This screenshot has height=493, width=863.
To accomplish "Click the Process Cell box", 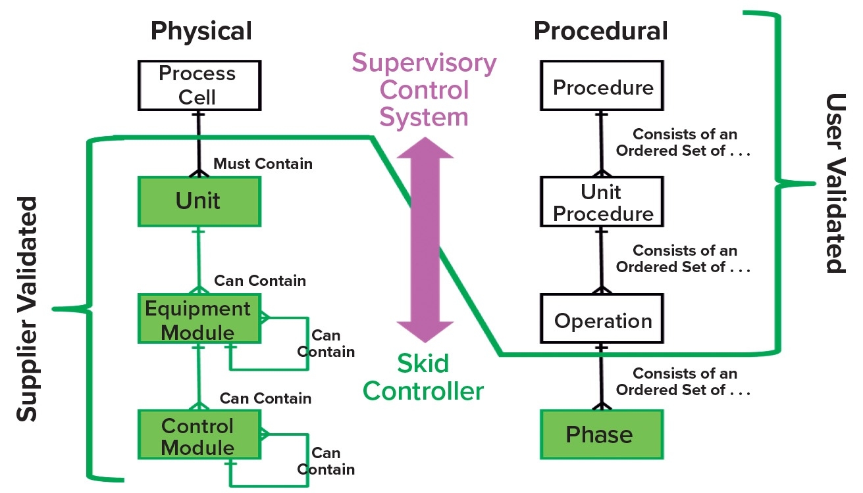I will (x=197, y=85).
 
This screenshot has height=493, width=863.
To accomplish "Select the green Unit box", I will (x=198, y=201).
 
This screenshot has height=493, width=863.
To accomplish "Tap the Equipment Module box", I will (x=198, y=319).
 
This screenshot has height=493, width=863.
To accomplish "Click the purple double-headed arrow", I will (x=425, y=239).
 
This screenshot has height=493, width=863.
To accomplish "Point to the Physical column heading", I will (x=201, y=31).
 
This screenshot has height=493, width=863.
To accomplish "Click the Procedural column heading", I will (x=600, y=31).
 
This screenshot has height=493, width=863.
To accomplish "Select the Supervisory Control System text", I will (x=424, y=90).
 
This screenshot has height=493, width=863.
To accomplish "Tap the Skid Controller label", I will (x=424, y=377).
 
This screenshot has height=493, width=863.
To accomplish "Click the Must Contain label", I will (x=263, y=164).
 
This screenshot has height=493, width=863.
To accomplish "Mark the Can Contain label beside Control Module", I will (x=326, y=461).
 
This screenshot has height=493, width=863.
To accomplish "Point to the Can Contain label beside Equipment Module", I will (x=326, y=343).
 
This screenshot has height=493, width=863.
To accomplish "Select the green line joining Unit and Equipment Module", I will (x=198, y=259).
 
